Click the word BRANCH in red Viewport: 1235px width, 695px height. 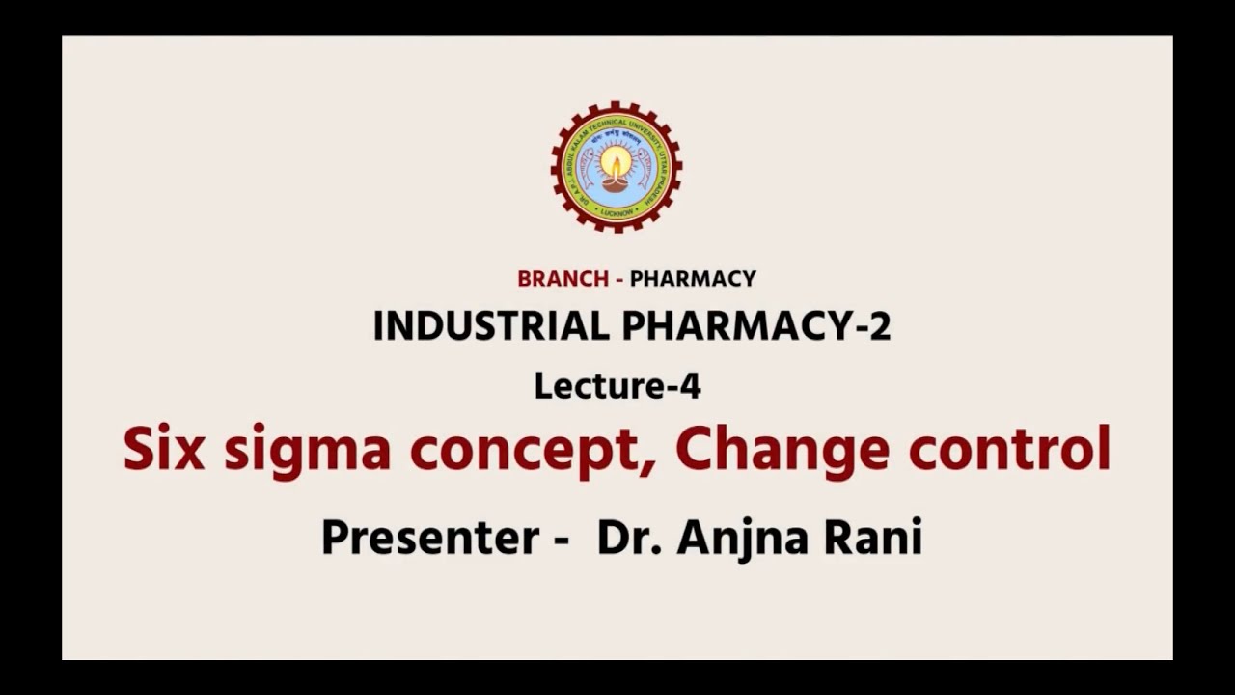click(x=563, y=279)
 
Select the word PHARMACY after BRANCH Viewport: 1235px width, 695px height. click(x=693, y=279)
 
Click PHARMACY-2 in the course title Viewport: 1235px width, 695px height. click(x=756, y=327)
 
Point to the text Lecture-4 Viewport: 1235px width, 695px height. click(x=617, y=387)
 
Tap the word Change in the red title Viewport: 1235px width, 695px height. click(x=782, y=450)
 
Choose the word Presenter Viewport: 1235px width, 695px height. click(x=430, y=537)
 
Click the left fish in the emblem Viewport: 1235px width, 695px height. click(x=588, y=168)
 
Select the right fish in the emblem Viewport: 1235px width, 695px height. click(x=645, y=168)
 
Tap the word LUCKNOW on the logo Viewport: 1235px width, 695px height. click(x=616, y=210)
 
